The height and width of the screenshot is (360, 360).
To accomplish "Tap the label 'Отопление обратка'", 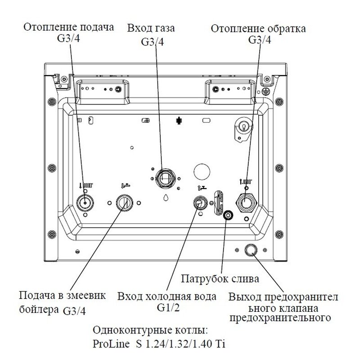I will [259, 30].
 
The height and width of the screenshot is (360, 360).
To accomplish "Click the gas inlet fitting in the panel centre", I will [165, 177].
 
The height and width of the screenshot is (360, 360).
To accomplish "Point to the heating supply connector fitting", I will [84, 203].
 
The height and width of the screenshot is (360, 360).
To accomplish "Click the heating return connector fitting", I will [247, 202].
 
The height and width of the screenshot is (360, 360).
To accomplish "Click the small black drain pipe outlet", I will [229, 216].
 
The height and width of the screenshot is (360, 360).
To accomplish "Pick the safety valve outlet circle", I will [251, 251].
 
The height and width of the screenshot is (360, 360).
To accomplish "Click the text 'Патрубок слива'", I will [220, 279].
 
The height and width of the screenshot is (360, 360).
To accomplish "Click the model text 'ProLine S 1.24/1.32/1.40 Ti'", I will [159, 344].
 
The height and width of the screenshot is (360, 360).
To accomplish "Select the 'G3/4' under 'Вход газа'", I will [152, 42].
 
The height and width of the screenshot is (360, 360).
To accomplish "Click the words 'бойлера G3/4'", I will [53, 310].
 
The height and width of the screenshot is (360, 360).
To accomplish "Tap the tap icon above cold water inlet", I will [201, 186].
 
